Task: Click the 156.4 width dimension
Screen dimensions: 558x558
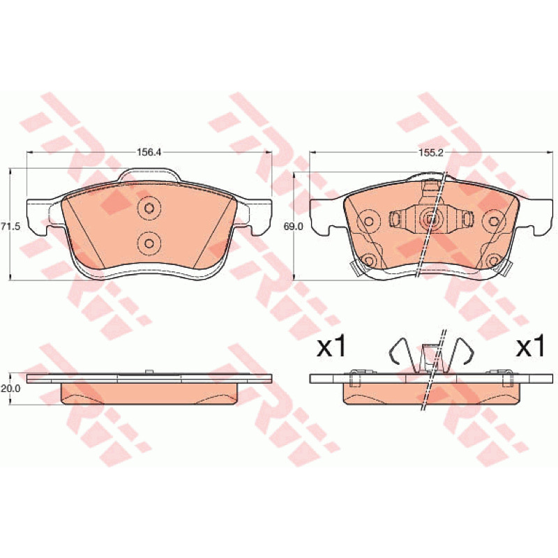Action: tap(149, 152)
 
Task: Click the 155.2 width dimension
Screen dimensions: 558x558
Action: tap(430, 152)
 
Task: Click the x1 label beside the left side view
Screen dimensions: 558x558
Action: tap(331, 347)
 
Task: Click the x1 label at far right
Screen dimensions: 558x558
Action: tap(531, 347)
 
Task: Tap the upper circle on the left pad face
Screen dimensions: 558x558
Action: tap(149, 208)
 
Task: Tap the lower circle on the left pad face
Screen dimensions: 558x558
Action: tap(149, 243)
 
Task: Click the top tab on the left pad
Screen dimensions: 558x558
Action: tap(150, 175)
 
